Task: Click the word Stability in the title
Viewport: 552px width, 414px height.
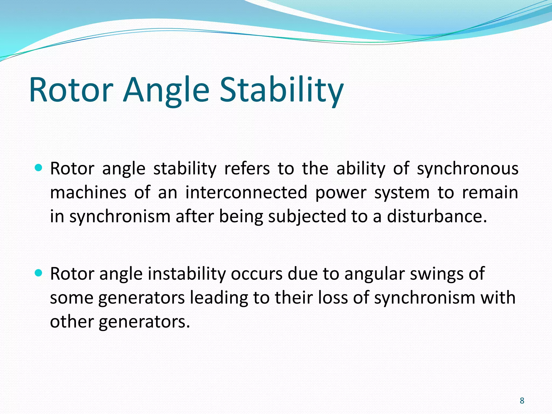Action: coord(282,90)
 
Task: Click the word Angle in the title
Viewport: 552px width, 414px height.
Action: coord(166,90)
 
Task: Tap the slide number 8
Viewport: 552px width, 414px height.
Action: coord(522,401)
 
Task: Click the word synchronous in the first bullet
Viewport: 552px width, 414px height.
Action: coord(467,169)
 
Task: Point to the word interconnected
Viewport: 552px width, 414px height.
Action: coord(246,193)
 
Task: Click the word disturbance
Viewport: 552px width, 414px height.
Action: coord(437,216)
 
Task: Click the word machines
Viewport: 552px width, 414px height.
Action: coord(88,193)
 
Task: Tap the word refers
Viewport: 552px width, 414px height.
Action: coord(247,169)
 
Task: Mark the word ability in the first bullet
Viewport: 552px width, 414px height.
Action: coord(361,169)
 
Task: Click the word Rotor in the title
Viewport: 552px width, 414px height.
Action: coord(71,90)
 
